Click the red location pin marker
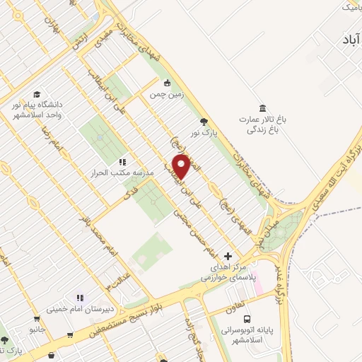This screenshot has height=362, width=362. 181,165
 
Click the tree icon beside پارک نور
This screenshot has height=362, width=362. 205,121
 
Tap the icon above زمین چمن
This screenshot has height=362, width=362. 168,81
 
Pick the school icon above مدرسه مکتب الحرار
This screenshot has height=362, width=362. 122,161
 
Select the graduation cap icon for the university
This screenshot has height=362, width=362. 36,94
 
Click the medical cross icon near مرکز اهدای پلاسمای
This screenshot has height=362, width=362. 228,255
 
